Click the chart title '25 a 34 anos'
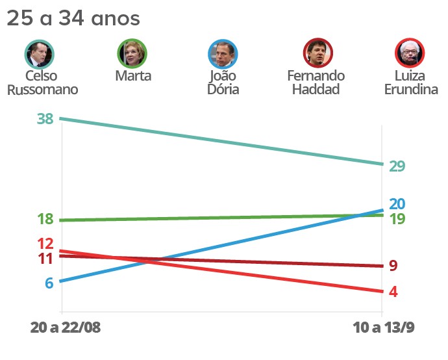pyautogui.click(x=73, y=18)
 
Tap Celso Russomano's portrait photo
pyautogui.click(x=40, y=53)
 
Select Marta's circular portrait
pyautogui.click(x=132, y=53)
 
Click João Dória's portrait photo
pyautogui.click(x=223, y=53)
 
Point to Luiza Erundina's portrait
pyautogui.click(x=410, y=53)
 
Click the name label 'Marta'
pyautogui.click(x=132, y=76)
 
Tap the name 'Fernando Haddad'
pyautogui.click(x=316, y=83)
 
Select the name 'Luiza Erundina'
pyautogui.click(x=410, y=83)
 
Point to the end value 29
pyautogui.click(x=397, y=166)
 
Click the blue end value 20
pyautogui.click(x=397, y=203)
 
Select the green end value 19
pyautogui.click(x=397, y=219)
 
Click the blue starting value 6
pyautogui.click(x=49, y=283)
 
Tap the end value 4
pyautogui.click(x=393, y=292)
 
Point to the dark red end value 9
pyautogui.click(x=393, y=266)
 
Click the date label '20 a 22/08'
pyautogui.click(x=66, y=327)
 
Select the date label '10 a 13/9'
pyautogui.click(x=384, y=327)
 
